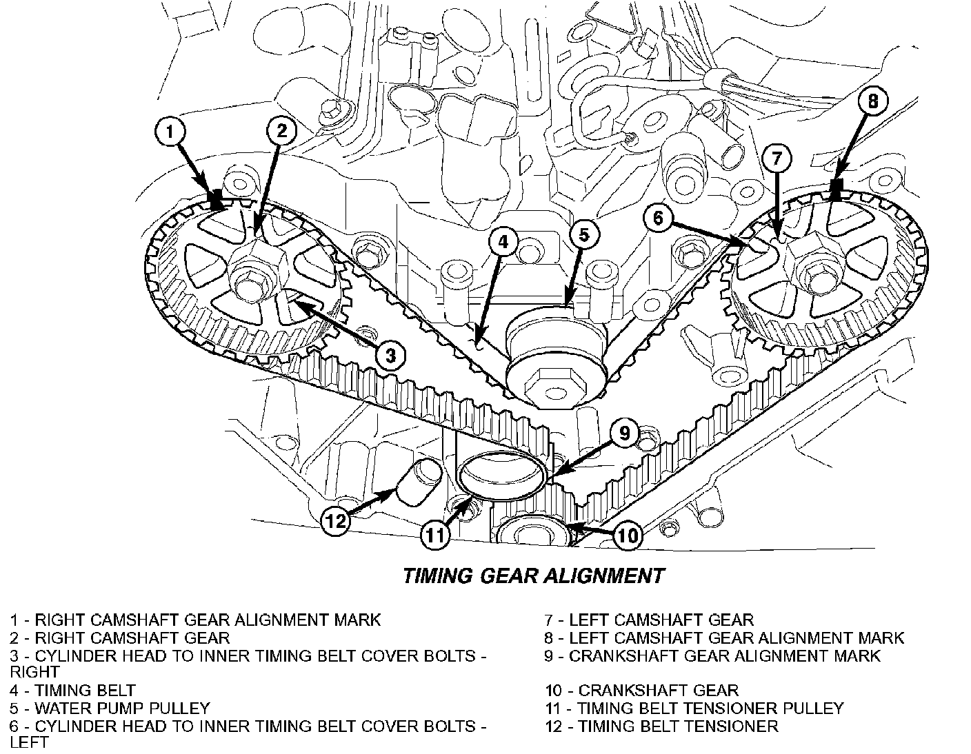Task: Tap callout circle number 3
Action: [x=390, y=356]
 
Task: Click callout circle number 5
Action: [x=583, y=235]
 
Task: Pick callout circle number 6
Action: [x=659, y=218]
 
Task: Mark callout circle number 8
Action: [x=873, y=102]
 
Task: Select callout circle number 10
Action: [x=627, y=536]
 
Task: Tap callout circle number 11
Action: [x=434, y=536]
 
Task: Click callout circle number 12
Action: [x=336, y=521]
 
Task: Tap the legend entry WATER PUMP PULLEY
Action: [x=110, y=708]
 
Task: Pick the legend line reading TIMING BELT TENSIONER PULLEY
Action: [x=694, y=708]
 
